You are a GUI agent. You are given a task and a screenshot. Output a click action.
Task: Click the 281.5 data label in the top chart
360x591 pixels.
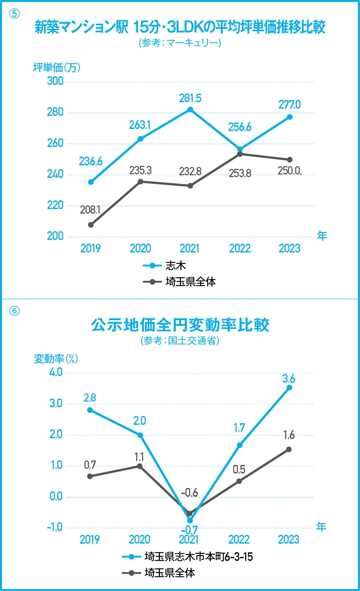click(190, 99)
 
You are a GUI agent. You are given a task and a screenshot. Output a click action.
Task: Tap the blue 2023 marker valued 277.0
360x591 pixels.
click(290, 117)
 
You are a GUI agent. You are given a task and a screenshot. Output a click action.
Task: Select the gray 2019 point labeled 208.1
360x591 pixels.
click(91, 225)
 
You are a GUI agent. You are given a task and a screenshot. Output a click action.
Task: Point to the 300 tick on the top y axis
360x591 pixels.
click(55, 81)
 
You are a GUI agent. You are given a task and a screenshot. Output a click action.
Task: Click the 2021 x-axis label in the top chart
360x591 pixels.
click(189, 248)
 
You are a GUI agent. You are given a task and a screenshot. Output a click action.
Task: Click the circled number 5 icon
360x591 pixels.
click(14, 14)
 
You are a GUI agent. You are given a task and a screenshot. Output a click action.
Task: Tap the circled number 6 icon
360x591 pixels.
click(14, 311)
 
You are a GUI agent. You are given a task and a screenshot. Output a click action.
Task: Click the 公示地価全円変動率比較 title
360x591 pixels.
click(180, 325)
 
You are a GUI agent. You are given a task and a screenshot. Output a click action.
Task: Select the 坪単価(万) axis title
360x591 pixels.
click(56, 68)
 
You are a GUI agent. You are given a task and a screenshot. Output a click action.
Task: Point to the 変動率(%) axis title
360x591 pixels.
click(56, 359)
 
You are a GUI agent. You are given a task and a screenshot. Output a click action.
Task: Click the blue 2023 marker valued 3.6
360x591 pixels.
click(289, 388)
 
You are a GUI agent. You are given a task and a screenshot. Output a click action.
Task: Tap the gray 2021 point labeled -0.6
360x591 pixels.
click(189, 513)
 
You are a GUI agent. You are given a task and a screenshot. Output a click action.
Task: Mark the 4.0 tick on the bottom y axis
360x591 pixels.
click(56, 372)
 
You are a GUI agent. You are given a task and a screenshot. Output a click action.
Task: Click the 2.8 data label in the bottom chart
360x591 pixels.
click(90, 398)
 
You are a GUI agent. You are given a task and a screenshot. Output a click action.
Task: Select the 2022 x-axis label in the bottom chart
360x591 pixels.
click(239, 540)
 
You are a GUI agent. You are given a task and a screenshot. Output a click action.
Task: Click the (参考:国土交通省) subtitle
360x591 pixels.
click(180, 340)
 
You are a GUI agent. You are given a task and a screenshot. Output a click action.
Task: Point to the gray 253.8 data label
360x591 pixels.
click(240, 173)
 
